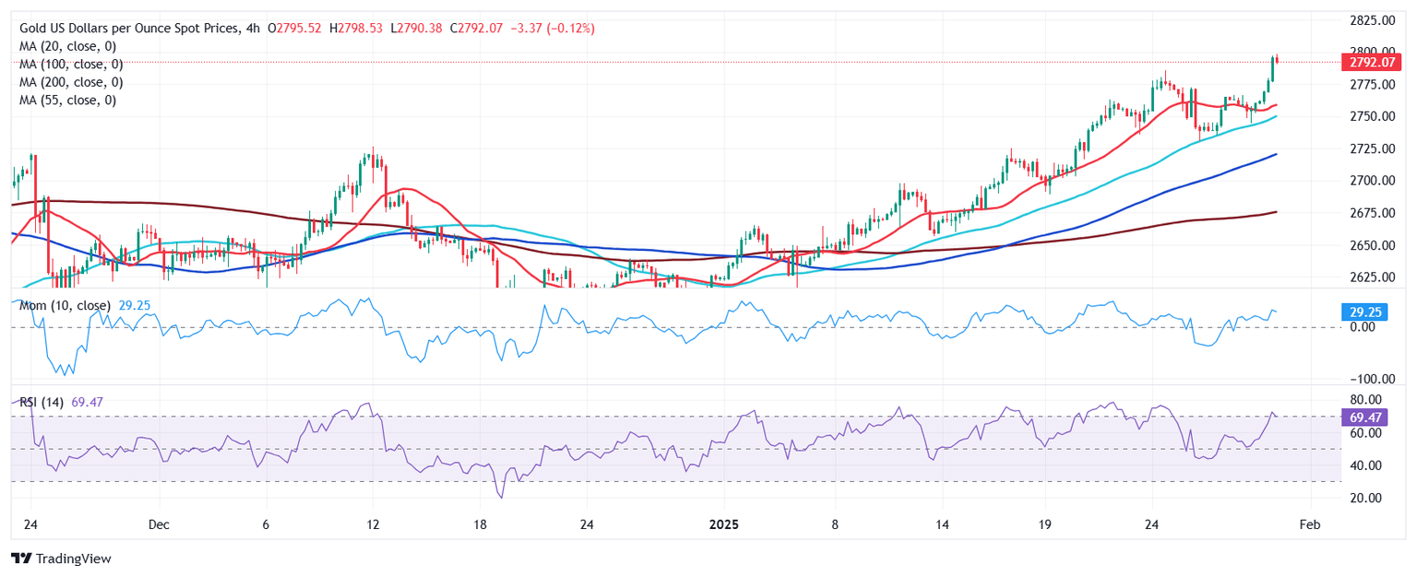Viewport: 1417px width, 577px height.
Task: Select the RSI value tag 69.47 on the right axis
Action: [1364, 418]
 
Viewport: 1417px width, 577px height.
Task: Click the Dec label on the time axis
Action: [159, 524]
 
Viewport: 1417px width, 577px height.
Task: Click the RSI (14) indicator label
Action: [42, 401]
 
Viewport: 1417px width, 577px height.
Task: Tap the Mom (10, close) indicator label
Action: [65, 305]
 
